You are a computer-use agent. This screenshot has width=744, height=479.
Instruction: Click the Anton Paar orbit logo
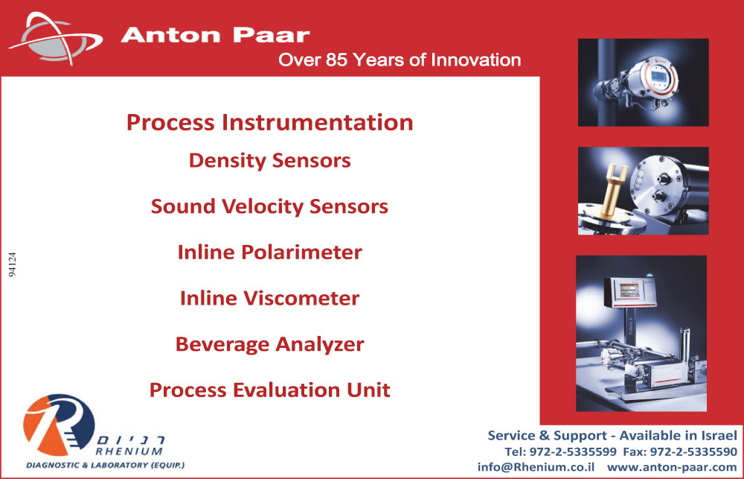(x=56, y=39)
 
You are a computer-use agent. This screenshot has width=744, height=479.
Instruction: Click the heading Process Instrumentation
(x=269, y=122)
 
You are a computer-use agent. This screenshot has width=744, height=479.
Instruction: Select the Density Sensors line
(x=269, y=161)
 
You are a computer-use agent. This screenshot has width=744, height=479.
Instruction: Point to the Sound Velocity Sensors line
(x=269, y=206)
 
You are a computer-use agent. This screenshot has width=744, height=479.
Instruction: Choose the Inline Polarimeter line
(x=269, y=253)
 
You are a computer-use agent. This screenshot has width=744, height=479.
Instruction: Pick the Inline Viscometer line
(x=269, y=298)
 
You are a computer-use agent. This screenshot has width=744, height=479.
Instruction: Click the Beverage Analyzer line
(x=269, y=344)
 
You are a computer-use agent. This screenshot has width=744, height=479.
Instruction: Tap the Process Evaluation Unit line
(x=269, y=390)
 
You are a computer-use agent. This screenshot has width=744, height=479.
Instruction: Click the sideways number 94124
(x=13, y=264)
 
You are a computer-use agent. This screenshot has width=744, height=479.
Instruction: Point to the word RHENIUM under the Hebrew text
(x=129, y=451)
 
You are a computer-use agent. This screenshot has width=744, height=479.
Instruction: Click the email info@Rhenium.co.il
(x=536, y=467)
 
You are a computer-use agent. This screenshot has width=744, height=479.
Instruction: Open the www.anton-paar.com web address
(x=672, y=467)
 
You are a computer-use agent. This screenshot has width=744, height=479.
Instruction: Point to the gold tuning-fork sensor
(x=611, y=188)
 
